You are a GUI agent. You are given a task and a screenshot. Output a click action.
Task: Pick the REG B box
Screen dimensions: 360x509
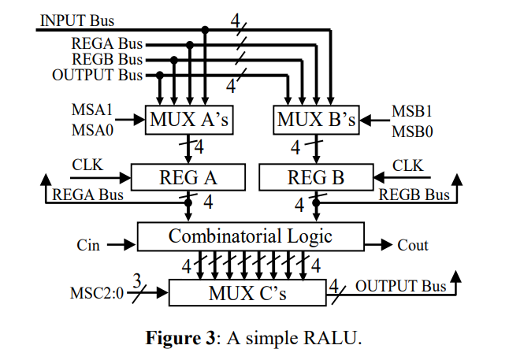(x=317, y=178)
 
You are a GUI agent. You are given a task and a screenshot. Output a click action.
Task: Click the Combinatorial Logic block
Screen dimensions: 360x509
(x=251, y=236)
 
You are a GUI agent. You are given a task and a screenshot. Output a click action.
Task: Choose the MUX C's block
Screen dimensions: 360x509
(x=247, y=295)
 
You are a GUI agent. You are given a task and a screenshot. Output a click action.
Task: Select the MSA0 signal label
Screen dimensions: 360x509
(x=92, y=131)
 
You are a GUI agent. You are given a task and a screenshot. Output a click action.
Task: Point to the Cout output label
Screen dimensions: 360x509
(x=413, y=245)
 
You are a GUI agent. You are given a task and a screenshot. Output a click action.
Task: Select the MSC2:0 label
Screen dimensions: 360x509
(x=96, y=295)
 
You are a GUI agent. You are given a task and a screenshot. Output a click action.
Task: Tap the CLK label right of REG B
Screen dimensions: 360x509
(x=408, y=166)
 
